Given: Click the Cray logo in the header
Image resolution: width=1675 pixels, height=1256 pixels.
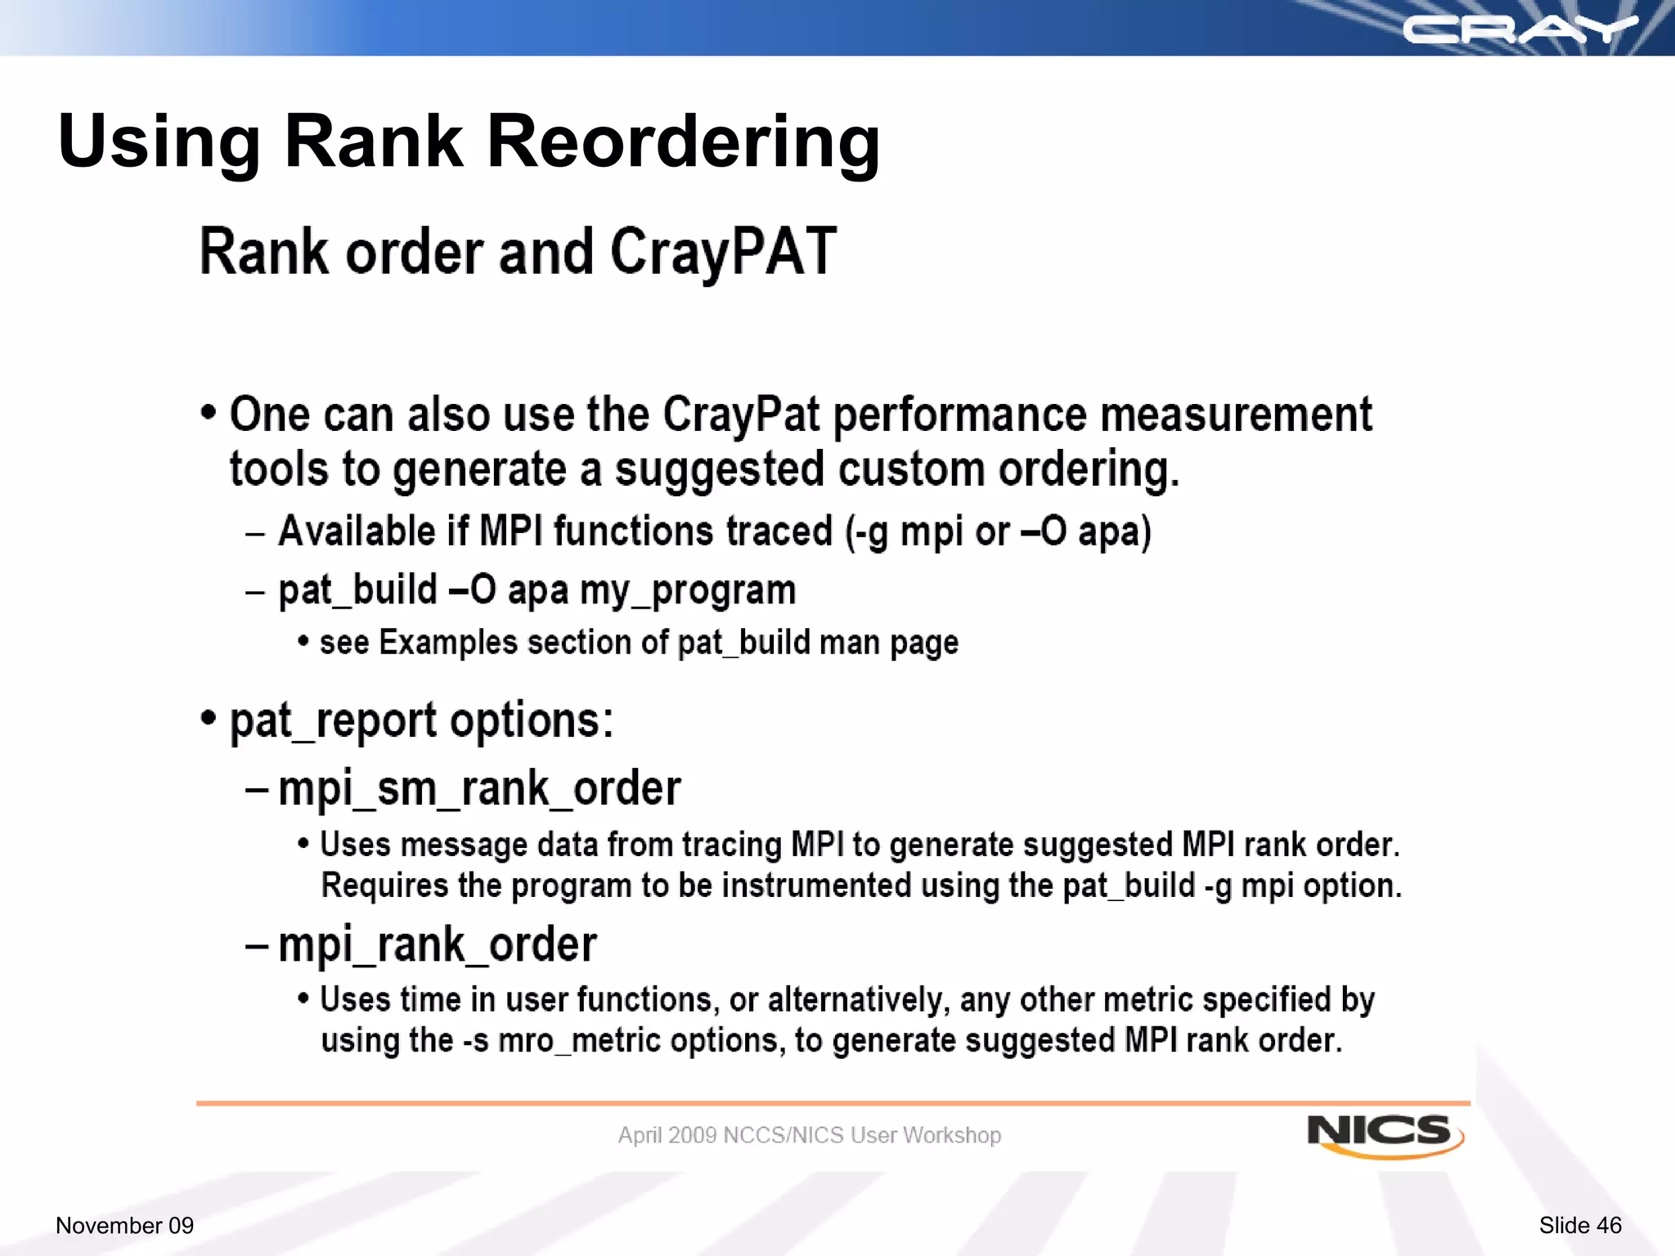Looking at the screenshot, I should [1520, 31].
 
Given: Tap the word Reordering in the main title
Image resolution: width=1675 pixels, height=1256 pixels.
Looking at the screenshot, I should [683, 141].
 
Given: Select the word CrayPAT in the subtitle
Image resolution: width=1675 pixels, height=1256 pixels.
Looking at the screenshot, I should [723, 252].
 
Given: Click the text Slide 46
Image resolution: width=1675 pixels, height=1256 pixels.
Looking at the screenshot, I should [1579, 1225].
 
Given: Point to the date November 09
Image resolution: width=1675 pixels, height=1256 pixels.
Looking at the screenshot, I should [124, 1225].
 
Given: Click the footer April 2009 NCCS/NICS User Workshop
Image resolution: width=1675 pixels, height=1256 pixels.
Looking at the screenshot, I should [809, 1135].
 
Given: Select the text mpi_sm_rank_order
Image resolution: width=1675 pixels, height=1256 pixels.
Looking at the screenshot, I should [479, 789].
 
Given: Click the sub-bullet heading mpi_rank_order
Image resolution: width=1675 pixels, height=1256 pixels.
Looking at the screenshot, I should [438, 945].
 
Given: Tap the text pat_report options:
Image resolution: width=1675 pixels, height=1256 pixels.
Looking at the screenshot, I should [421, 721].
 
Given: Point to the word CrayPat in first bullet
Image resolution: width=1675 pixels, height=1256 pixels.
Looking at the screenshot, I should [740, 415].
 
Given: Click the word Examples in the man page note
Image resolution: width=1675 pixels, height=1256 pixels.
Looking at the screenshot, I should [448, 643].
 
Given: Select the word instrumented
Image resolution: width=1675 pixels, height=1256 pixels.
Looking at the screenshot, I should [816, 886].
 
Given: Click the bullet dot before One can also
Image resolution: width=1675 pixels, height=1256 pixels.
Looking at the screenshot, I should [209, 411].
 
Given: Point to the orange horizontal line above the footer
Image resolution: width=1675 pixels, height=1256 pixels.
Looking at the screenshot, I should [833, 1103].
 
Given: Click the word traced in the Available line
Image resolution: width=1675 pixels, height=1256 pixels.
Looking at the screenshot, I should [779, 532].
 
